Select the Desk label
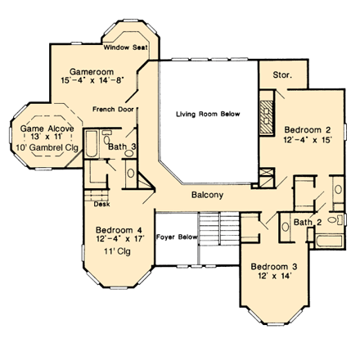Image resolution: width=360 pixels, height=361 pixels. click(101, 205)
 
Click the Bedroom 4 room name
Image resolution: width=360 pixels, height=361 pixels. click(119, 229)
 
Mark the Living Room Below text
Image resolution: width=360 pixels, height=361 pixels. click(208, 115)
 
